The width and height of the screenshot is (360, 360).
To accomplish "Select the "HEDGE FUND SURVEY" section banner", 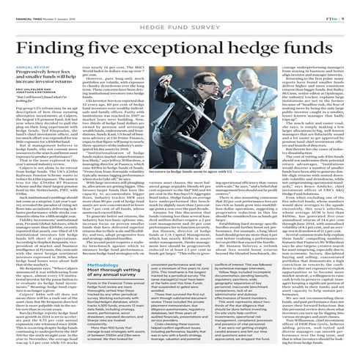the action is click(x=180, y=23).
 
